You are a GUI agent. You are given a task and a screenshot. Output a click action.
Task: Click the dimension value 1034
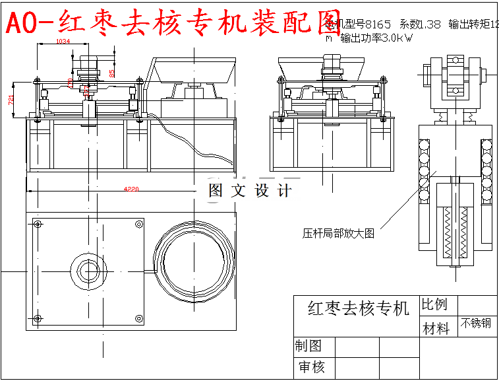63,42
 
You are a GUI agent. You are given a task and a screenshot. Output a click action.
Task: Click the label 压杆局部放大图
338,233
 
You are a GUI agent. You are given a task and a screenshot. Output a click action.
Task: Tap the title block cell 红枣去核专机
358,308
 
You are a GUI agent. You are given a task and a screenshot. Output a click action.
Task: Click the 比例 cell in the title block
434,304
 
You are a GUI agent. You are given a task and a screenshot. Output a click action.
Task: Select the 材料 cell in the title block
436,328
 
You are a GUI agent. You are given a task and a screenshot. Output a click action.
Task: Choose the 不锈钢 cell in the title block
475,324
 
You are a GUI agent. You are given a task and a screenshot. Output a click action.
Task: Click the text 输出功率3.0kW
376,38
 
